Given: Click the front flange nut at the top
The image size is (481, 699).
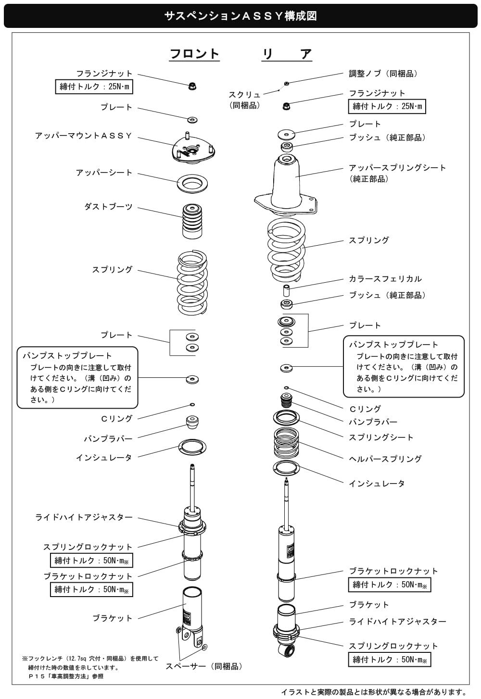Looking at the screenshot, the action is coord(192,86).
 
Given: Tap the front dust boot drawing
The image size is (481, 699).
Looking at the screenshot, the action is coord(192,221).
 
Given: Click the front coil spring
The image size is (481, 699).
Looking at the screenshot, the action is coord(192,282).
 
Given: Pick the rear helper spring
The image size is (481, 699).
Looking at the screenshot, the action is coord(286,442).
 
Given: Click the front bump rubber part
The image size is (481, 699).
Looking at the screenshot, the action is coord(192,422).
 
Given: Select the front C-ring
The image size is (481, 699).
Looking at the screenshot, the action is coord(192,405).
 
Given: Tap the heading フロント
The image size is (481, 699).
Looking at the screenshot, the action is coord(194,54).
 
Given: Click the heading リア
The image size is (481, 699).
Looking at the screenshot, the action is coord(287,54).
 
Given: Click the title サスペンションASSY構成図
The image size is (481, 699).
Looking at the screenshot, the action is coord(240,16).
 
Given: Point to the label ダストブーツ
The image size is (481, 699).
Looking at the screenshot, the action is coord(108,207).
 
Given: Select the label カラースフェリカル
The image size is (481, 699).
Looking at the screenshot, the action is coord(385,279).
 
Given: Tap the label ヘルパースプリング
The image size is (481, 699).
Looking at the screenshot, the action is coord(385,459).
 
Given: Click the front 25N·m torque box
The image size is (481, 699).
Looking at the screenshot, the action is coord(94,87).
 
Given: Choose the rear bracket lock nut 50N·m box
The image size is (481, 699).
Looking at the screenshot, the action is coord(390,585).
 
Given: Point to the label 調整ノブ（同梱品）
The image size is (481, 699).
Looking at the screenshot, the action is coord(383,74).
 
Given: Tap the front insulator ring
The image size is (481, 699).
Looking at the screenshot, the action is coord(192,448).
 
